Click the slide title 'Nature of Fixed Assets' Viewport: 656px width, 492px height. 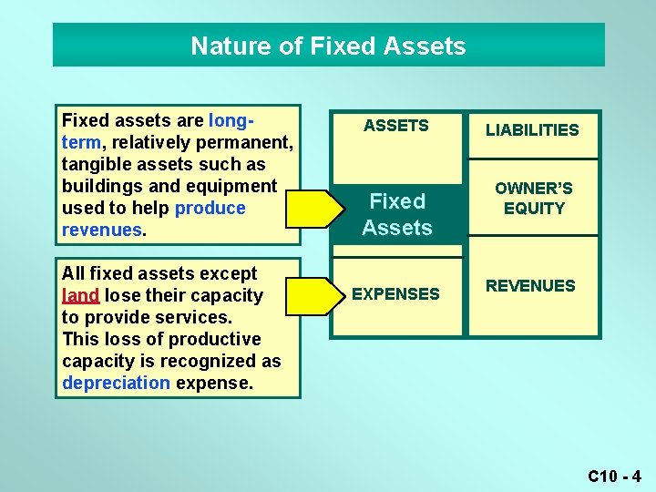(x=328, y=46)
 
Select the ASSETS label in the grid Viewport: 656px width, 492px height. (x=395, y=126)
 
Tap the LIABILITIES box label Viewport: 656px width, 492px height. (x=532, y=130)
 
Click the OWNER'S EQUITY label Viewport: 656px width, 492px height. (x=534, y=198)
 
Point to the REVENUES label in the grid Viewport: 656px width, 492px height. (x=530, y=286)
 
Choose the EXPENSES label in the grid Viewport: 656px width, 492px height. (x=395, y=294)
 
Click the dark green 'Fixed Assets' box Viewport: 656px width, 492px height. (x=397, y=214)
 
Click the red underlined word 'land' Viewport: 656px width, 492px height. (x=80, y=296)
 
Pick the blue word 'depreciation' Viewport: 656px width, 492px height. (x=116, y=383)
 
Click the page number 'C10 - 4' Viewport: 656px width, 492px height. (x=614, y=476)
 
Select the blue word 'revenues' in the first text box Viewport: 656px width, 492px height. (x=101, y=231)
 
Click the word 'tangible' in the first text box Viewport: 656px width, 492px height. (x=97, y=165)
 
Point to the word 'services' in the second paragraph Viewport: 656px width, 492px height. (x=193, y=317)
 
